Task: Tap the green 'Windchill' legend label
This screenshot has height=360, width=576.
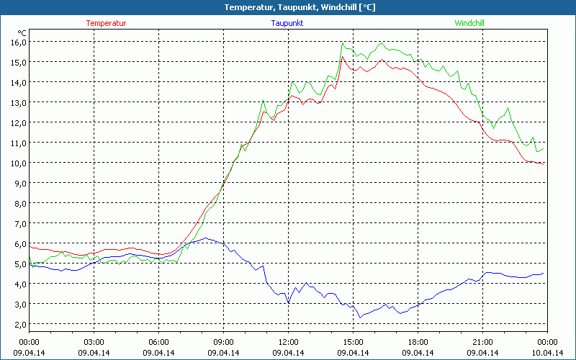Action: coord(469,23)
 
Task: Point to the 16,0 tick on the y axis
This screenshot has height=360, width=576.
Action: coord(18,42)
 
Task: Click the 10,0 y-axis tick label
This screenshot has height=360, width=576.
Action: coord(18,163)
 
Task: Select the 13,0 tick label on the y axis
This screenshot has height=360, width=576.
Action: coord(18,102)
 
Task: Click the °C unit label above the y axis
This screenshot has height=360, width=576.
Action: coord(22,32)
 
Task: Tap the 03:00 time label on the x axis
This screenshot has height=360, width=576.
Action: coord(94,342)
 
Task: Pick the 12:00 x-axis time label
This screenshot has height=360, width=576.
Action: coord(288,342)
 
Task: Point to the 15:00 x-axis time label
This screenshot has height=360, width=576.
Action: coord(353,342)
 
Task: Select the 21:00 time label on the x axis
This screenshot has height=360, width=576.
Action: coord(482,342)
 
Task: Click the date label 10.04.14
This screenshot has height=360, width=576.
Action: coord(547,353)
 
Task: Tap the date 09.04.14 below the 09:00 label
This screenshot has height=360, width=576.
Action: coord(223,353)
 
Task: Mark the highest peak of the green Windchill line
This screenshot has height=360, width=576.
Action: coord(343,43)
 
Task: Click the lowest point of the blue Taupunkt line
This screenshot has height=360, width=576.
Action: coord(360,318)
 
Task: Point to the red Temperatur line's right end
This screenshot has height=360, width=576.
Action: coord(544,163)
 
